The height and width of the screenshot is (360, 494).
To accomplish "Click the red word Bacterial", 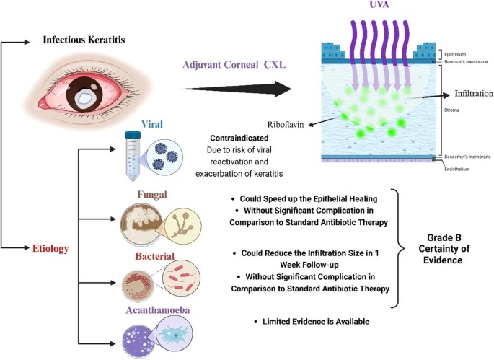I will coord(151,257).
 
